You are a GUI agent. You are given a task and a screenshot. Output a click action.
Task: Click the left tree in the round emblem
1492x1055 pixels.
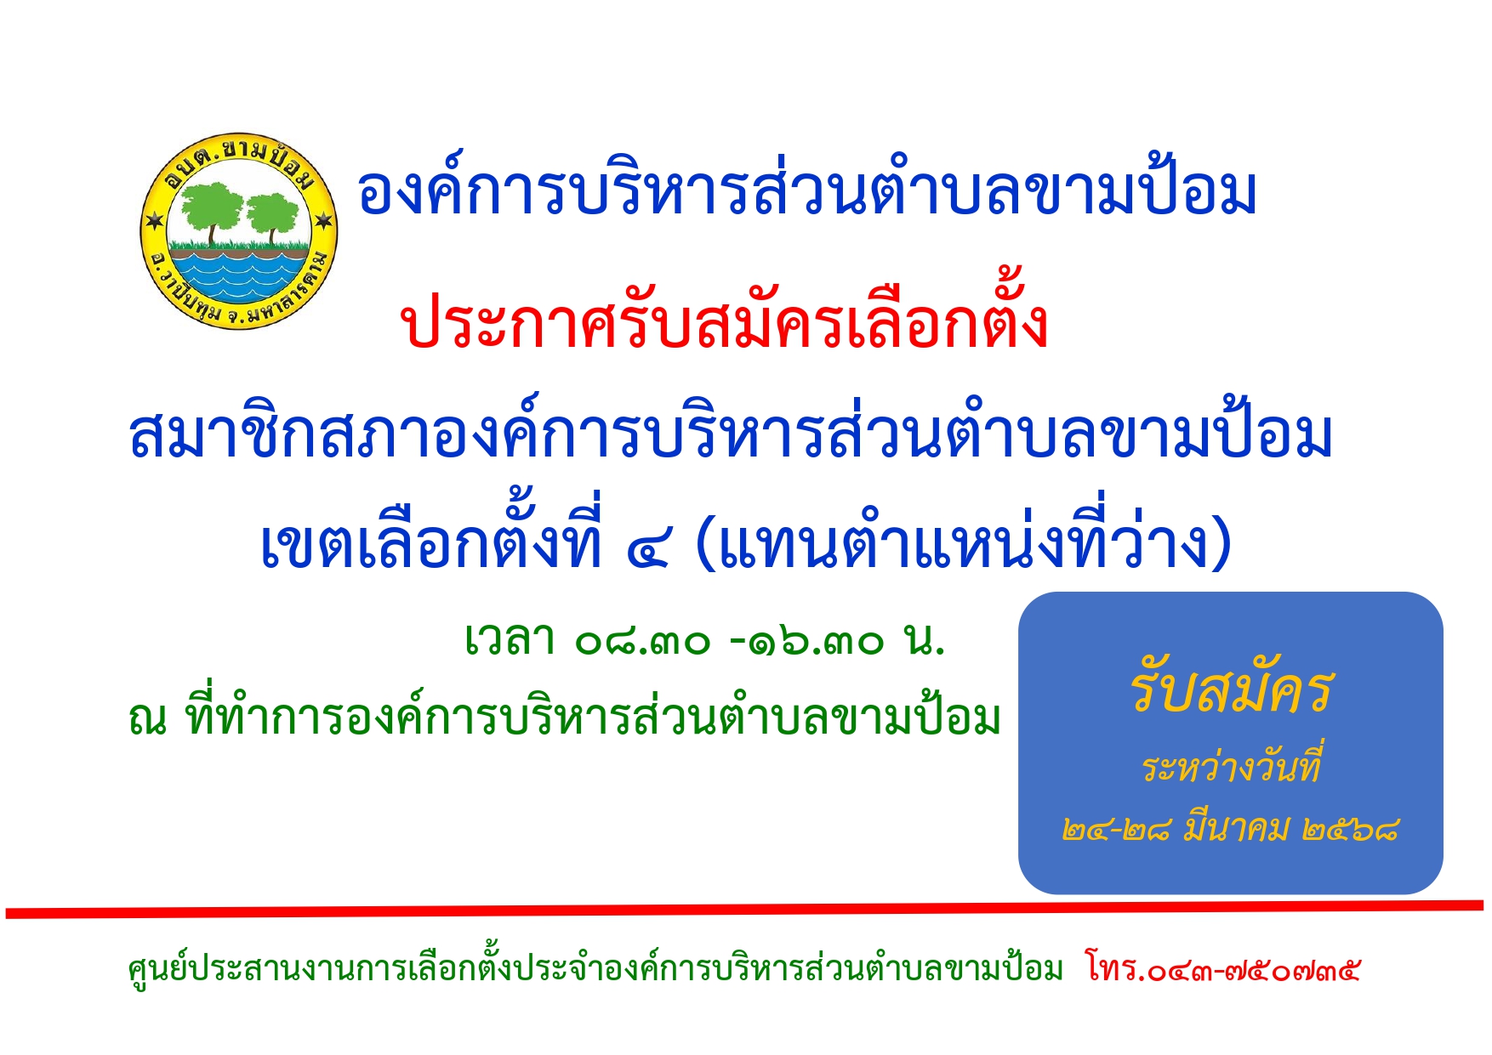coord(211,213)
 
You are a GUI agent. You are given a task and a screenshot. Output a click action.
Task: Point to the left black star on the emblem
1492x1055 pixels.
coord(154,221)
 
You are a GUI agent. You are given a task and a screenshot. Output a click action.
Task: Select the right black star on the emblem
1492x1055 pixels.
coord(323,221)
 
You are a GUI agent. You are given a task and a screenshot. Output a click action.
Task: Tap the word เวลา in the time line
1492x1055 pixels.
coord(510,639)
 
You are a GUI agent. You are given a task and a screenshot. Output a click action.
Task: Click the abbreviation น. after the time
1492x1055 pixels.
coord(925,640)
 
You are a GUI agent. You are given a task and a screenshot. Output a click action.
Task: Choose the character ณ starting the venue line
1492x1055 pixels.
coord(147,719)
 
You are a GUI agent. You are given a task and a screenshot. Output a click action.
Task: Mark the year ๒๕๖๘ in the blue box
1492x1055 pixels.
coord(1351,828)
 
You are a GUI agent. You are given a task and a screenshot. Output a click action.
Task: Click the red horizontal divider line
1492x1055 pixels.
coord(744,910)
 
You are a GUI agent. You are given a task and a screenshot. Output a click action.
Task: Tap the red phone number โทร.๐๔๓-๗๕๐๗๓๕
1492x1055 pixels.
coord(1223,968)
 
